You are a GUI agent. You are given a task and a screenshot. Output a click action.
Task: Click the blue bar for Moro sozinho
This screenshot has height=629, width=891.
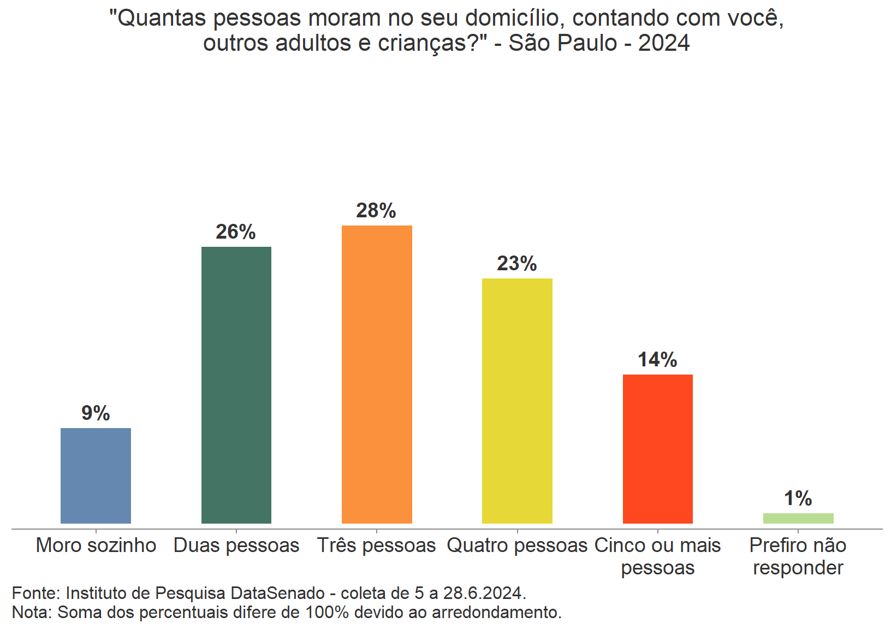coord(96,476)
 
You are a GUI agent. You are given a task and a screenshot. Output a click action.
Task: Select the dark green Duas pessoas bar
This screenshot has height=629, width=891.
coord(236,385)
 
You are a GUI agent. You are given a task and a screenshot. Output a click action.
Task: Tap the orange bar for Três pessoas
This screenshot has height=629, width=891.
coord(377,375)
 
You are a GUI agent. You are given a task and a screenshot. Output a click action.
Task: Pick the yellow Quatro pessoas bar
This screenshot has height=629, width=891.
coord(517,401)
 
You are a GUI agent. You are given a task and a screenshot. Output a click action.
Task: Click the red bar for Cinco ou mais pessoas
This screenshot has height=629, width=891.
coord(657,449)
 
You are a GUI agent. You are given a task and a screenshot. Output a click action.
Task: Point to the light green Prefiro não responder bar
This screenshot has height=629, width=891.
coord(798,518)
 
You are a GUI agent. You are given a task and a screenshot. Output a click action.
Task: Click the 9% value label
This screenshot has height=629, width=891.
coord(96,413)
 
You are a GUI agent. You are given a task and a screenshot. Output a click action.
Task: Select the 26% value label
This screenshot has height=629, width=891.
coord(236,232)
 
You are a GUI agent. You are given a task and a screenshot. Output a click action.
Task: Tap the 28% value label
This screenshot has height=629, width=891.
coord(376,211)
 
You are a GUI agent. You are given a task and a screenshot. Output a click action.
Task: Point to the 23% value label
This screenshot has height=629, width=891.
coord(517,264)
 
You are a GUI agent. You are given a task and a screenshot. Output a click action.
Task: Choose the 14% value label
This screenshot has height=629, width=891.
coord(657,360)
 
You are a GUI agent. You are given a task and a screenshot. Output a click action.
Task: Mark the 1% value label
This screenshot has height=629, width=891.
coord(798,499)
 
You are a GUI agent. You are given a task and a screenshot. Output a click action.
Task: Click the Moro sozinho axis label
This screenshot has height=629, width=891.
coord(96,545)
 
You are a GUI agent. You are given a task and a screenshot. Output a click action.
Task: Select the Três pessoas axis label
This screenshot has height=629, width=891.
coord(377,545)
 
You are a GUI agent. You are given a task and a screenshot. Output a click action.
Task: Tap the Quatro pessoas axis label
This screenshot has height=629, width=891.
coord(517,545)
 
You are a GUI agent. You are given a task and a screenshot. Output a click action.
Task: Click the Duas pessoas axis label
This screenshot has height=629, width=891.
coord(236,545)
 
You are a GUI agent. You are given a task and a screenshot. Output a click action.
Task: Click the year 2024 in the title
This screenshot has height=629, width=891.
coord(664,43)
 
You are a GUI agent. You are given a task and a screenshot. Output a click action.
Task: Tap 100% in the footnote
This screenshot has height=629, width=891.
coord(327,613)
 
